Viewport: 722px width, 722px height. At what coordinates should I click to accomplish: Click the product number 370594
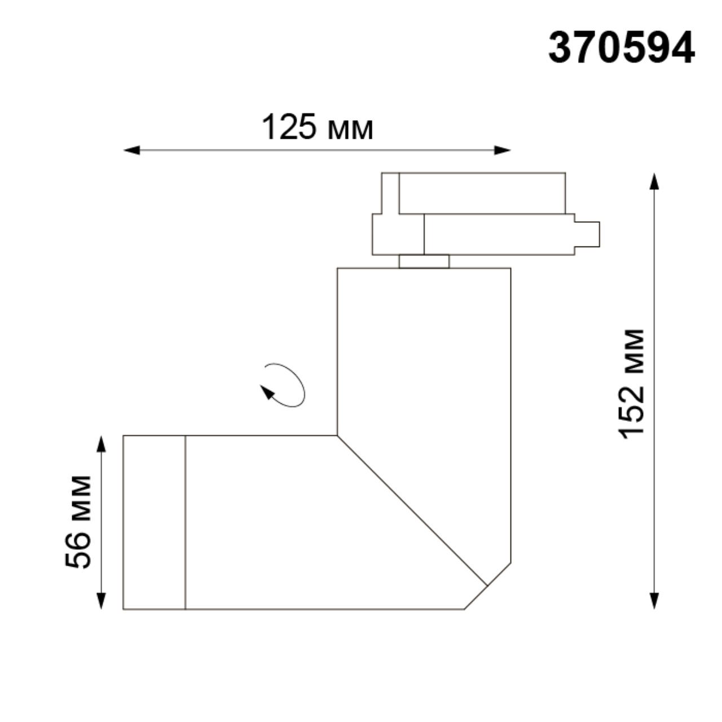click(x=621, y=48)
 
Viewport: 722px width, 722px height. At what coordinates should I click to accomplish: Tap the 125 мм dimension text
click(x=317, y=127)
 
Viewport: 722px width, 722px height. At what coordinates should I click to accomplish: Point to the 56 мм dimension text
click(x=78, y=522)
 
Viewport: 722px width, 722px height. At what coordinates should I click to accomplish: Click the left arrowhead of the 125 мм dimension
click(x=131, y=150)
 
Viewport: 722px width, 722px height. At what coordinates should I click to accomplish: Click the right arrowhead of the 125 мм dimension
click(x=503, y=150)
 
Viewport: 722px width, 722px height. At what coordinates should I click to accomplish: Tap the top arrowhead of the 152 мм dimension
click(x=654, y=182)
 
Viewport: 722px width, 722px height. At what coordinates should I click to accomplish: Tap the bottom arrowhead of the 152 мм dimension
click(x=654, y=601)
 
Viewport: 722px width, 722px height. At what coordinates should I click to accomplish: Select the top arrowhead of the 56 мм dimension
click(x=101, y=444)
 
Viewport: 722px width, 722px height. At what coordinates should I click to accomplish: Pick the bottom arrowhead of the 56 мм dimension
click(x=101, y=601)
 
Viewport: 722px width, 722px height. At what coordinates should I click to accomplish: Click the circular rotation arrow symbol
click(x=283, y=385)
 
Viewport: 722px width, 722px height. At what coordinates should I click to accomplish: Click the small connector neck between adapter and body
click(x=424, y=261)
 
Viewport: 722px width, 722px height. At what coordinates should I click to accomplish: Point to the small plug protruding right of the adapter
click(x=587, y=234)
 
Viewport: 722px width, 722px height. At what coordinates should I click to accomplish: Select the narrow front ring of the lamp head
click(x=154, y=522)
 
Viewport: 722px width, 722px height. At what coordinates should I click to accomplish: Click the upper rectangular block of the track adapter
click(x=481, y=193)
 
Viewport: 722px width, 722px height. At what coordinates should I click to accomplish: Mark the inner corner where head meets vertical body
click(x=337, y=435)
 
